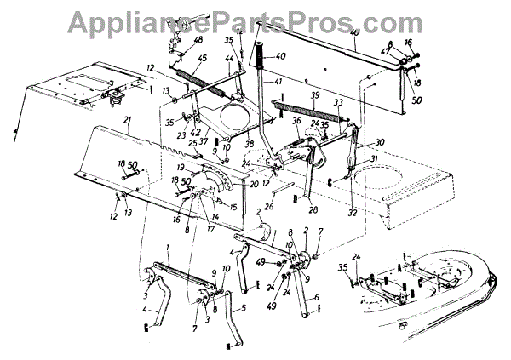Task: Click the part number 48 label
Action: pyautogui.click(x=198, y=40)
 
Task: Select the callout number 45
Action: pyautogui.click(x=203, y=59)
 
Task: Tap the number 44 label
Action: pyautogui.click(x=229, y=59)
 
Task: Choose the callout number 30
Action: pyautogui.click(x=380, y=142)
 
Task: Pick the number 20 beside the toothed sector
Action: pyautogui.click(x=252, y=184)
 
